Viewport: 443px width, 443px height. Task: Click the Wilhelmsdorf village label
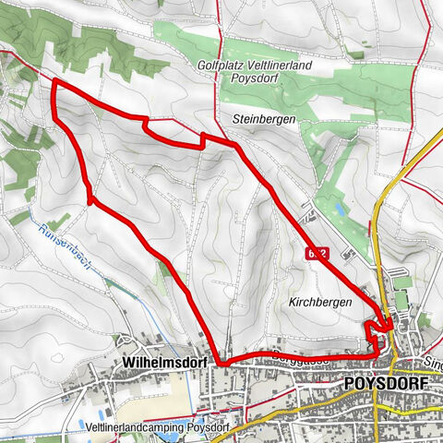pyautogui.click(x=157, y=363)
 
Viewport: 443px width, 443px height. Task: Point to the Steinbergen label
pyautogui.click(x=264, y=119)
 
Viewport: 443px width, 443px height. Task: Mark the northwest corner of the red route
pyautogui.click(x=54, y=82)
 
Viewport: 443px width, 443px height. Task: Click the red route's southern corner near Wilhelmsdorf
pyautogui.click(x=221, y=362)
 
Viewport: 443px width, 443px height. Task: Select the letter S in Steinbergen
pyautogui.click(x=236, y=119)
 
